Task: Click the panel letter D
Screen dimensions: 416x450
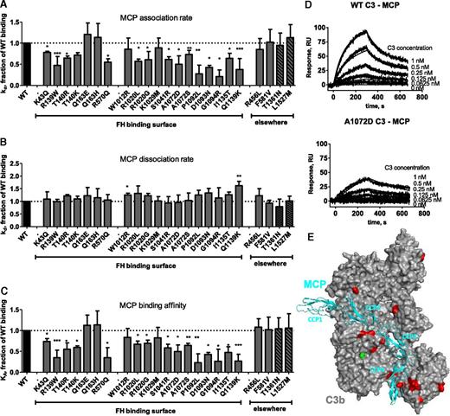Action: click(x=305, y=8)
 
